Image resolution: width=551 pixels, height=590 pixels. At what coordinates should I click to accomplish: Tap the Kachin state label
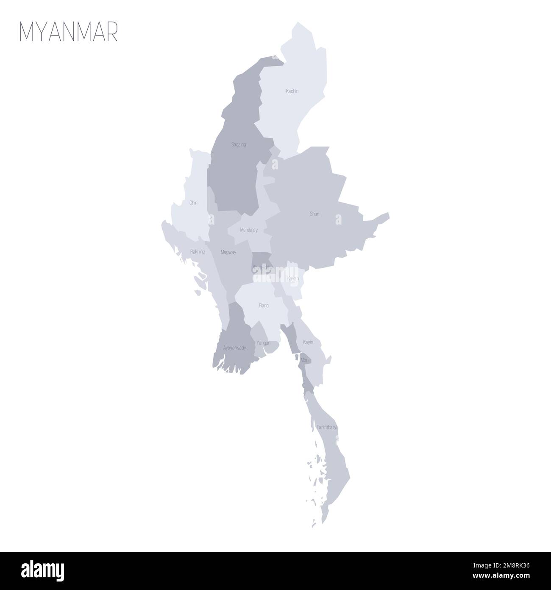click(x=292, y=91)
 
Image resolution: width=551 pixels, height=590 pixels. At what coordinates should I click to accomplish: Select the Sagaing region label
click(x=239, y=145)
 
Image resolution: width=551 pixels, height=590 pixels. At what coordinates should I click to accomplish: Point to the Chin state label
click(x=193, y=203)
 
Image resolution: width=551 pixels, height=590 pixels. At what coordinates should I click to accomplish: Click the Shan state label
click(x=314, y=214)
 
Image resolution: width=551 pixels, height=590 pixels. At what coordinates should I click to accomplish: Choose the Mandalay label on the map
click(x=249, y=230)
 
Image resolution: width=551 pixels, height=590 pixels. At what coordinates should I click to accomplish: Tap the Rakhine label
click(x=198, y=252)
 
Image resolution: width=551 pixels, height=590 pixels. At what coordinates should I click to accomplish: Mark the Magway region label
click(x=228, y=252)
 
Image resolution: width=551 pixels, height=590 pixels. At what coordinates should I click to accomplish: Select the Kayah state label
click(x=293, y=278)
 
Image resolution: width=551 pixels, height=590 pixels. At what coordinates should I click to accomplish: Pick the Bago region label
click(x=264, y=305)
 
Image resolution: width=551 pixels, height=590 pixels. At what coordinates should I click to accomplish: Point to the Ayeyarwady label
click(x=234, y=348)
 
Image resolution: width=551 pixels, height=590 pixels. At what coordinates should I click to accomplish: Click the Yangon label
click(x=264, y=343)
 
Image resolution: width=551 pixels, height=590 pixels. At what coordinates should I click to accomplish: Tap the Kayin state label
click(x=308, y=342)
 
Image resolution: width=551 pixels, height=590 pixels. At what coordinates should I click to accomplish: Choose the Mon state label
click(x=304, y=360)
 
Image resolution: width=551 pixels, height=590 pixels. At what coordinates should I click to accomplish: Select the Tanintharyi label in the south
click(x=326, y=427)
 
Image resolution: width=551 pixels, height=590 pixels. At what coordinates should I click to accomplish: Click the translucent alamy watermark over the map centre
click(x=275, y=276)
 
